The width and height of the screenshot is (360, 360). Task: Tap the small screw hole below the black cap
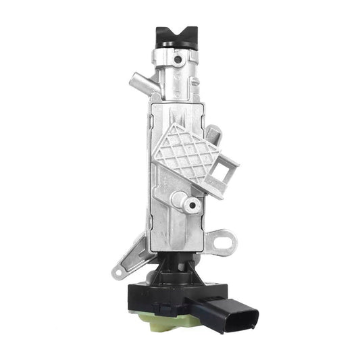pos(178,61)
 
